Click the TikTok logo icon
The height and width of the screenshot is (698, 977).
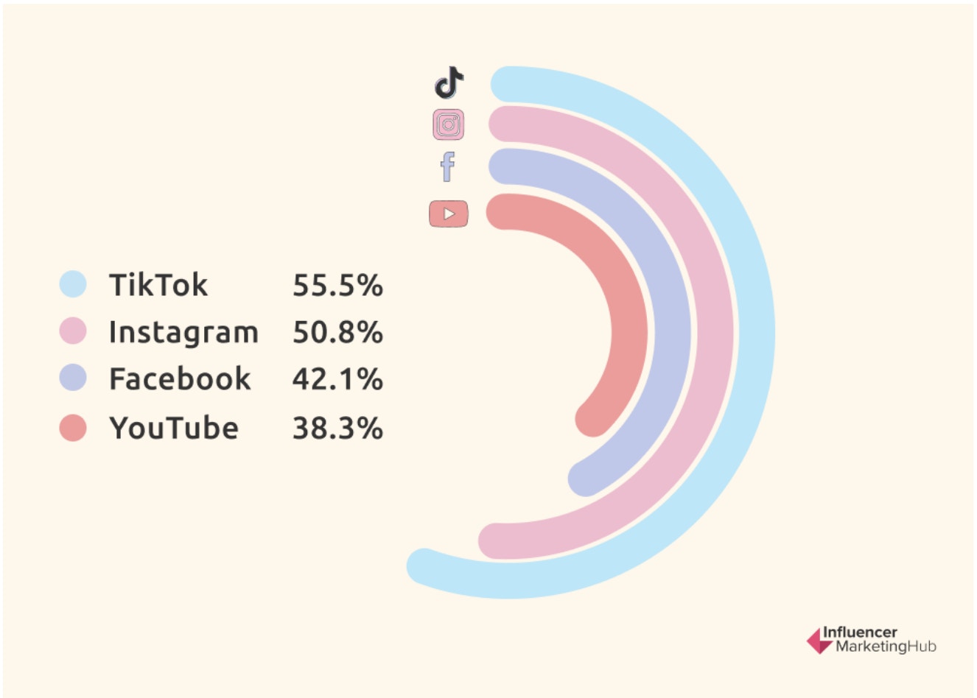click(449, 82)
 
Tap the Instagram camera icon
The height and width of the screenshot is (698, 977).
click(449, 124)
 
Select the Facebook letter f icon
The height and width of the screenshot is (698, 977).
click(447, 167)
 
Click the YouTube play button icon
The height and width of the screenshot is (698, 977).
click(449, 214)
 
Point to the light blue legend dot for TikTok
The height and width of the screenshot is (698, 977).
click(73, 284)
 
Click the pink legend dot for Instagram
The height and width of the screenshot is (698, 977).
click(73, 331)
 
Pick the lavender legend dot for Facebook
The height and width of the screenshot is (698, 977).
click(73, 378)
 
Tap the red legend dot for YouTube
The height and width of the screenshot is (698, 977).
click(73, 428)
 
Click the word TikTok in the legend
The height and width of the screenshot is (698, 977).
click(158, 285)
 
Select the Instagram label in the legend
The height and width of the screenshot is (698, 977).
click(183, 332)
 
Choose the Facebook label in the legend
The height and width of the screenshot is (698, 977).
click(180, 379)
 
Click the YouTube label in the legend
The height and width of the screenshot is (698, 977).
click(174, 428)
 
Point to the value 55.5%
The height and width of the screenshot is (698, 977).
click(337, 286)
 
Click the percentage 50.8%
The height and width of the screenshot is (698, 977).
click(337, 332)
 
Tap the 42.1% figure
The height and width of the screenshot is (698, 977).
click(337, 379)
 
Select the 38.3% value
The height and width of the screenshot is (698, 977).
click(337, 428)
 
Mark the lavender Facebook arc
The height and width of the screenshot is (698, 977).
click(672, 331)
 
